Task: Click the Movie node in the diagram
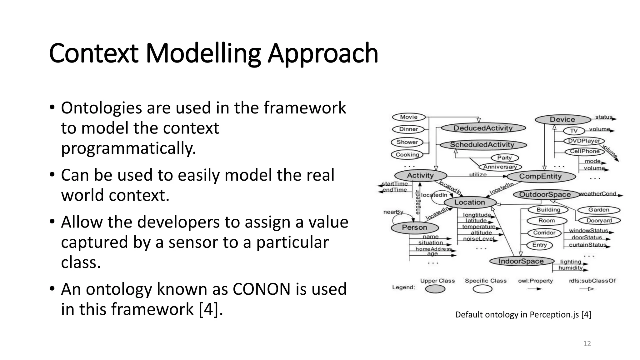pos(409,117)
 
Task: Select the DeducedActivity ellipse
pos(483,128)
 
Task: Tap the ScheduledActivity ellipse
pos(483,145)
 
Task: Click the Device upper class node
pos(562,119)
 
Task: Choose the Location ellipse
pos(470,202)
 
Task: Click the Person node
pos(415,227)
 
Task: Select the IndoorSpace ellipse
pos(521,261)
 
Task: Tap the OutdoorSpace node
pos(545,194)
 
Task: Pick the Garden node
pos(599,210)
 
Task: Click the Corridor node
pos(544,233)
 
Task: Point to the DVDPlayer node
pos(584,141)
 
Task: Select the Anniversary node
pos(500,167)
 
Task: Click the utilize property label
pos(478,174)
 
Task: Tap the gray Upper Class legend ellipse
pos(435,289)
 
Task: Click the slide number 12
pos(587,344)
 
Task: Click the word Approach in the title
pos(323,53)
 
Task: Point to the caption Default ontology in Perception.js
pos(523,315)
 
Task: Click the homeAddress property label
pos(433,249)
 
